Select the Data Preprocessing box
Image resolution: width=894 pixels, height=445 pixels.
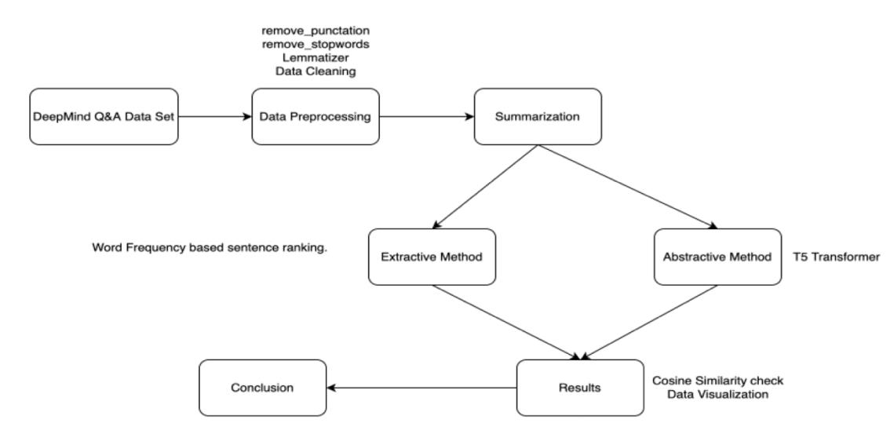315,117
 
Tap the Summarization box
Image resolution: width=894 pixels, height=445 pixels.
538,117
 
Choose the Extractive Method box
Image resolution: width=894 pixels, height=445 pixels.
432,256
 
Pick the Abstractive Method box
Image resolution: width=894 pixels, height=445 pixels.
717,256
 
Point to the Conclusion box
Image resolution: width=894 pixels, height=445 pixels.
263,388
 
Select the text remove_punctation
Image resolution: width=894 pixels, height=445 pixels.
315,31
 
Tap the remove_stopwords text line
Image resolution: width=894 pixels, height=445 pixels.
315,44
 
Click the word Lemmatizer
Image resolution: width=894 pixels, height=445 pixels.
315,57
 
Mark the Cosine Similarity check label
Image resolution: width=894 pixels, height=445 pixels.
718,381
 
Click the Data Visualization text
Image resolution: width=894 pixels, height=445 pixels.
717,394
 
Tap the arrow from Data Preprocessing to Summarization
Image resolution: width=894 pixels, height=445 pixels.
426,117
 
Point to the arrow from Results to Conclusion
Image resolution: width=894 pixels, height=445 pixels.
422,388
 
